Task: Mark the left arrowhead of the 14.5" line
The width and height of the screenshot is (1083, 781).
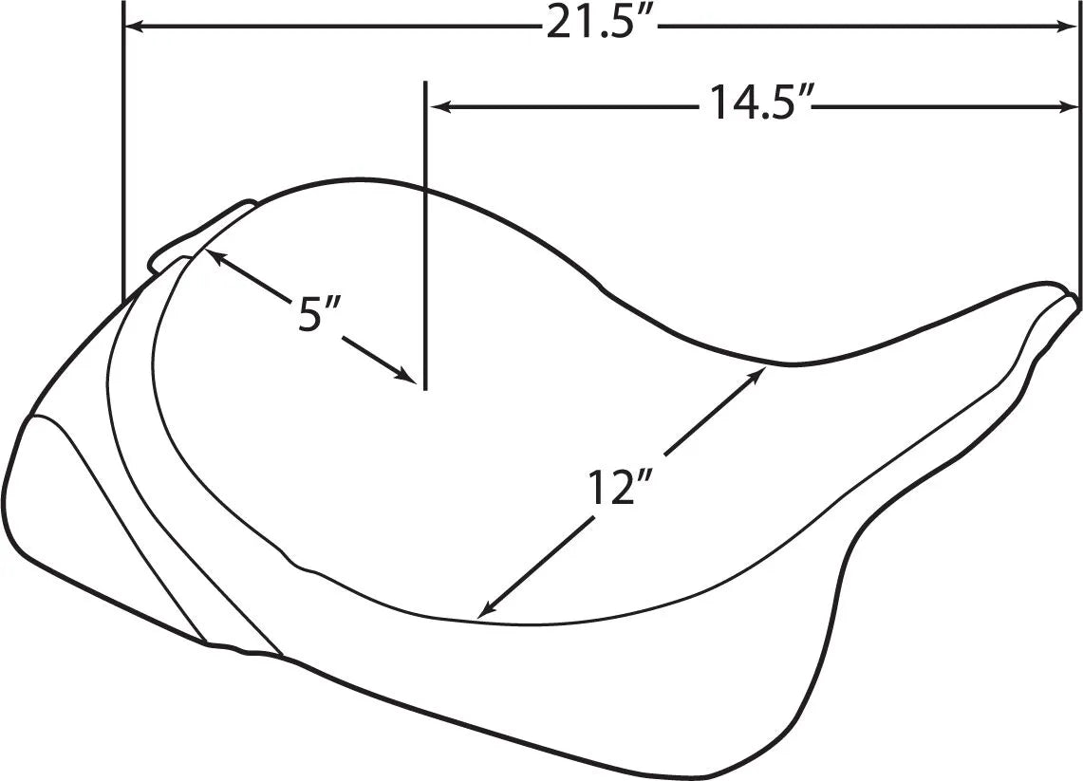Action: click(x=440, y=106)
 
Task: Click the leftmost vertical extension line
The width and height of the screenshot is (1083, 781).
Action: click(x=123, y=152)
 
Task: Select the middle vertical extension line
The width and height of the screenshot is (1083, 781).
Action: click(x=425, y=237)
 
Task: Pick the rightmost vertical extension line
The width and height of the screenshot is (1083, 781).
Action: click(x=1080, y=152)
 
